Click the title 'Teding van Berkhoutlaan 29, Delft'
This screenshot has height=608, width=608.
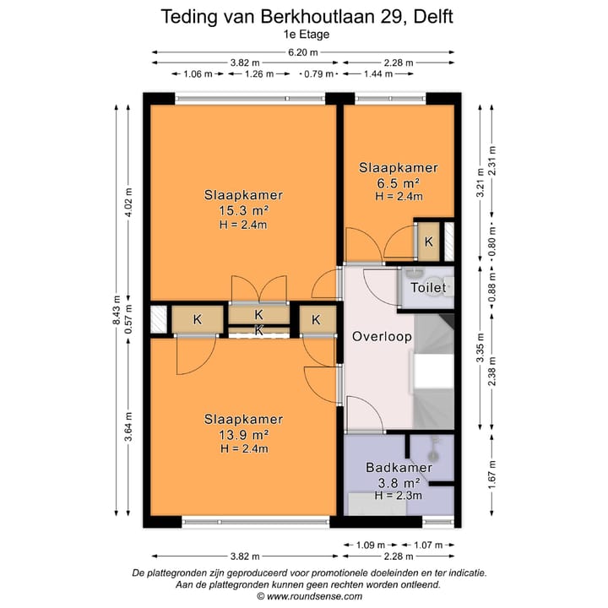[307, 17]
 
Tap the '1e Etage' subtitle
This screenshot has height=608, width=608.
[307, 34]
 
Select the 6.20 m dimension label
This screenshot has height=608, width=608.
[303, 52]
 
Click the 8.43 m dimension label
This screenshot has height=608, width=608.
[117, 312]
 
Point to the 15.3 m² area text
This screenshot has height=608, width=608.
[244, 210]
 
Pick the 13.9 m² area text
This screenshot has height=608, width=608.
[244, 435]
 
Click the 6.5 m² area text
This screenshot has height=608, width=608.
[399, 182]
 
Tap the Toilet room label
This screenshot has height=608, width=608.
[428, 287]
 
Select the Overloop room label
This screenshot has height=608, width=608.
[382, 336]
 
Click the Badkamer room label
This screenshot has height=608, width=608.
[399, 467]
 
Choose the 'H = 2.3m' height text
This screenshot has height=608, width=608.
[399, 495]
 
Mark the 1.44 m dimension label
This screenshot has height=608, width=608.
[378, 73]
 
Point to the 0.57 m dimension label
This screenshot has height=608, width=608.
[128, 319]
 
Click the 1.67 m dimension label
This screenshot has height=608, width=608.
[492, 475]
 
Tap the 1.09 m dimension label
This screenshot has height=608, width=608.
[371, 546]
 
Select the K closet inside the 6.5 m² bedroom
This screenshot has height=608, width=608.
[428, 242]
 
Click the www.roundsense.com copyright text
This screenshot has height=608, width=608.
[309, 596]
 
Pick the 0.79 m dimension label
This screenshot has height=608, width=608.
[318, 73]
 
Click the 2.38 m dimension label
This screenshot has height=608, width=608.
[492, 372]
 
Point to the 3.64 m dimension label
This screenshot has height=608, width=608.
[128, 426]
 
